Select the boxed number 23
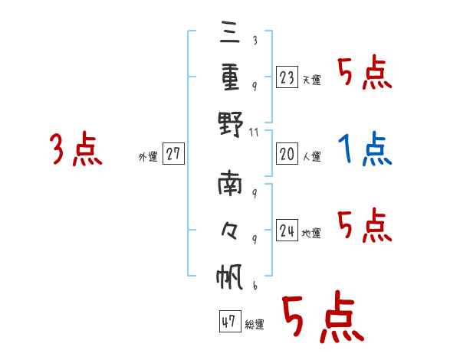[287, 77]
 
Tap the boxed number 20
[287, 154]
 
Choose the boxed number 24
[287, 230]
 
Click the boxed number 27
[172, 154]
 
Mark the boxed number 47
[228, 322]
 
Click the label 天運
[311, 80]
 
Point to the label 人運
[311, 157]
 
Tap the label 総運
[254, 325]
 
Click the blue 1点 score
[365, 149]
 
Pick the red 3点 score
[76, 149]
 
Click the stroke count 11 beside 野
[256, 132]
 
